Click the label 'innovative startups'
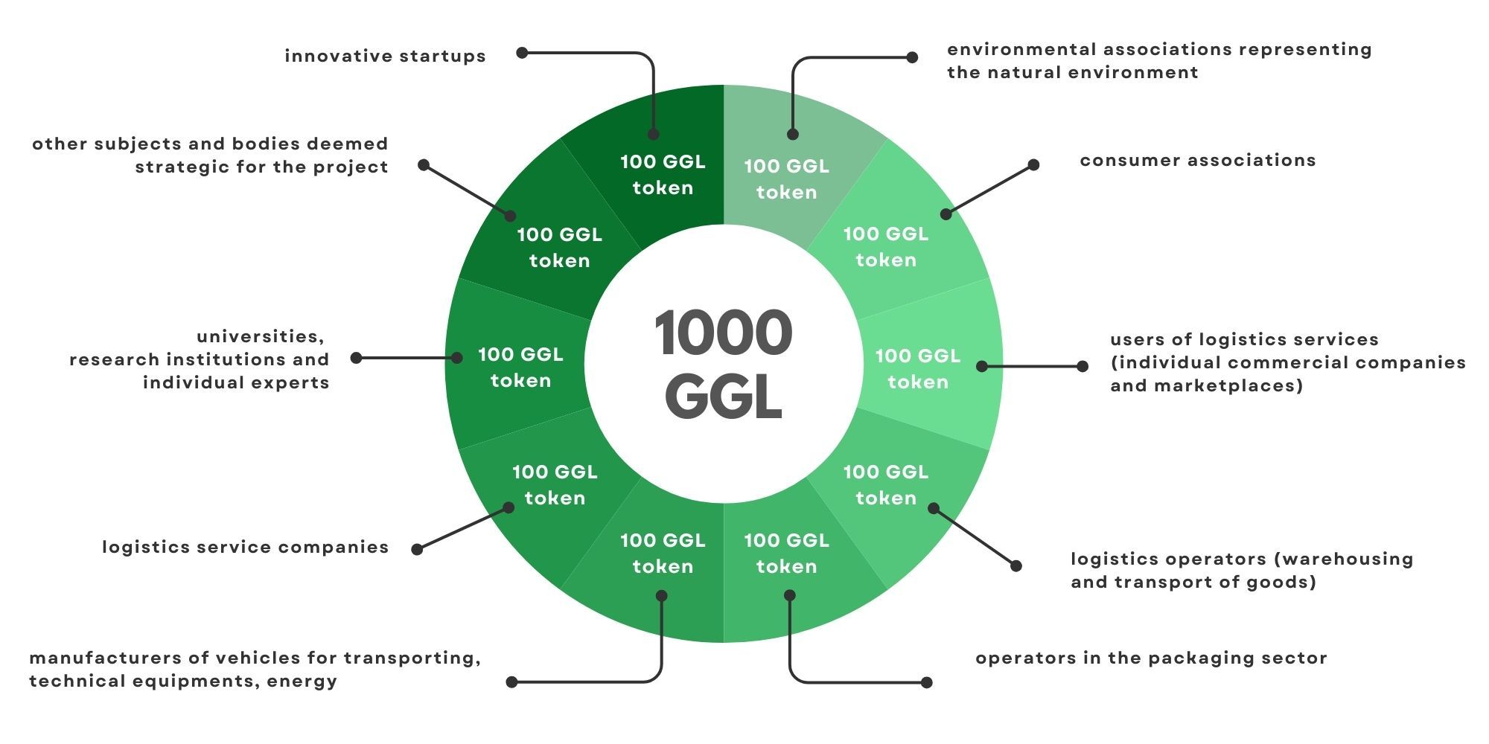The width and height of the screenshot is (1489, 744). pyautogui.click(x=385, y=56)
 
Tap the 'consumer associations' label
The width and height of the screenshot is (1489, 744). pyautogui.click(x=1197, y=160)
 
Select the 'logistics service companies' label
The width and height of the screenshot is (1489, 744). pyautogui.click(x=245, y=547)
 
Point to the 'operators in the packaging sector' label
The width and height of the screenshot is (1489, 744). pyautogui.click(x=1151, y=658)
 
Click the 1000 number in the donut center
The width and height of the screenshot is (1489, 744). pyautogui.click(x=723, y=333)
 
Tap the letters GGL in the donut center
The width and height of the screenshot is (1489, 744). pyautogui.click(x=723, y=396)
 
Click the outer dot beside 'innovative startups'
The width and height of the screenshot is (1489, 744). pyautogui.click(x=523, y=53)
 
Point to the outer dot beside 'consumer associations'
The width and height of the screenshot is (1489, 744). pyautogui.click(x=1033, y=164)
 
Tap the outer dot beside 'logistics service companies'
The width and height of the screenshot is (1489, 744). pyautogui.click(x=417, y=549)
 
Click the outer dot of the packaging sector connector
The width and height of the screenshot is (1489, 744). pyautogui.click(x=927, y=682)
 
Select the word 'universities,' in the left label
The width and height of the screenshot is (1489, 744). pyautogui.click(x=261, y=337)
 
